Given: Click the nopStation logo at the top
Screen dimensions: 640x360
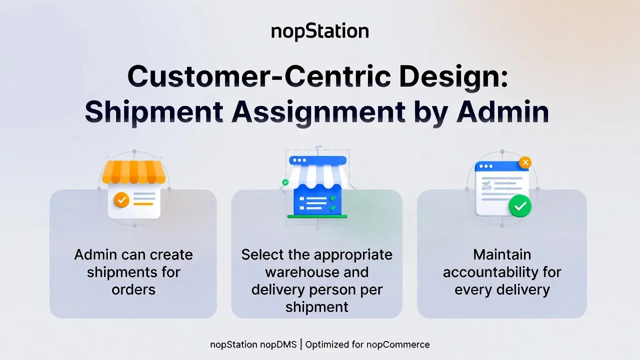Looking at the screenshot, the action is (x=320, y=31).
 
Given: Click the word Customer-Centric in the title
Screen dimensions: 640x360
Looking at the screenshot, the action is (x=259, y=76).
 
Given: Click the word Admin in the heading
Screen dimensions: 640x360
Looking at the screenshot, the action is (x=503, y=111).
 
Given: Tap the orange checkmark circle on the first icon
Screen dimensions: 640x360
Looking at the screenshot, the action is (x=121, y=199).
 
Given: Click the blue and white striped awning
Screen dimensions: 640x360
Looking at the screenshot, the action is (x=317, y=175).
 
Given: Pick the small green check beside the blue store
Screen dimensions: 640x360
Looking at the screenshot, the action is (x=285, y=182).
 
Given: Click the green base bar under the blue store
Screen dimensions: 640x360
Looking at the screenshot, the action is (x=317, y=216).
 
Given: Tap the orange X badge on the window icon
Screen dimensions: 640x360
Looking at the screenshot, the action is (x=525, y=162).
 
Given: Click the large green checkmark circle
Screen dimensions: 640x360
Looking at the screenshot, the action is (x=520, y=206).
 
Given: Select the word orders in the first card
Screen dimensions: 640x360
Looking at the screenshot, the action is (x=133, y=289).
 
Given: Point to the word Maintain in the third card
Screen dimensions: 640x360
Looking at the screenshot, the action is (x=502, y=254).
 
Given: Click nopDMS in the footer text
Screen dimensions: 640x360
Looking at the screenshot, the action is (x=278, y=344).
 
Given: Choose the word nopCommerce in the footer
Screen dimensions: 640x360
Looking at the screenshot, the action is (x=398, y=344).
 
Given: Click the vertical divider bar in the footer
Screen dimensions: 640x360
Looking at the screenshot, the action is (x=301, y=344).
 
